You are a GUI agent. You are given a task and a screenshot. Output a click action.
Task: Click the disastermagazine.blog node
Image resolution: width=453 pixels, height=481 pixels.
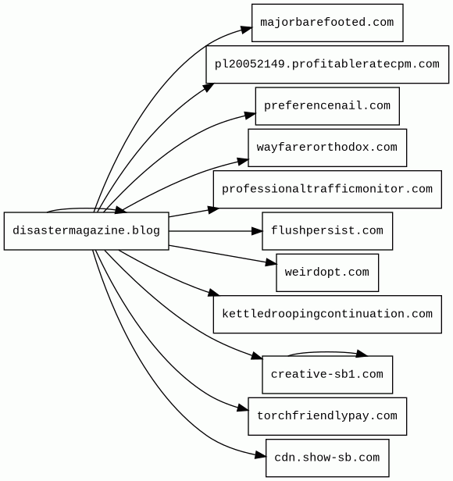tap(86, 231)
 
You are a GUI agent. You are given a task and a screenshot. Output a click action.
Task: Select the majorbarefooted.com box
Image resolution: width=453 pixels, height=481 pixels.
tap(327, 23)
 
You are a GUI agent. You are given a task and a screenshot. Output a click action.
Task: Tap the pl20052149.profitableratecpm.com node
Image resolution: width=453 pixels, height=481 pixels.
tap(327, 64)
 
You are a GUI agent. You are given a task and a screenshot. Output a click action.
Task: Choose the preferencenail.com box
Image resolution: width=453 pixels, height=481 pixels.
tap(327, 106)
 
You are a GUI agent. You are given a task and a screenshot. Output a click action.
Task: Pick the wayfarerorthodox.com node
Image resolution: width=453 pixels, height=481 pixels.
tap(327, 148)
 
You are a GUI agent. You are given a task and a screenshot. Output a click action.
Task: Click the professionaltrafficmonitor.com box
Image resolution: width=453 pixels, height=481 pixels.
tap(327, 189)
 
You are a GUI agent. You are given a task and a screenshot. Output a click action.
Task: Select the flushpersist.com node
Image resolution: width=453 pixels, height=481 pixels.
tap(327, 231)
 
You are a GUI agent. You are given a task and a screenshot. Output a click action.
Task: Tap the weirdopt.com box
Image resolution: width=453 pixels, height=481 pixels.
tap(327, 273)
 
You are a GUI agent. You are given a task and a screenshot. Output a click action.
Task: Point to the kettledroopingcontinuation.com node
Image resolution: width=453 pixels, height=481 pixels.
tap(327, 315)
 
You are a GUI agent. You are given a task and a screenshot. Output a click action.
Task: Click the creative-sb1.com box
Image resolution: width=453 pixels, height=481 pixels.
tap(327, 375)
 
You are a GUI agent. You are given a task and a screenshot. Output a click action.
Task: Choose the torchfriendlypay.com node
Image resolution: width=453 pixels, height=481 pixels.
tap(327, 416)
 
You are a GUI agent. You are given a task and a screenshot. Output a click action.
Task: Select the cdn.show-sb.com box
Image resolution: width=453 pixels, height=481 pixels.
tap(327, 458)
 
